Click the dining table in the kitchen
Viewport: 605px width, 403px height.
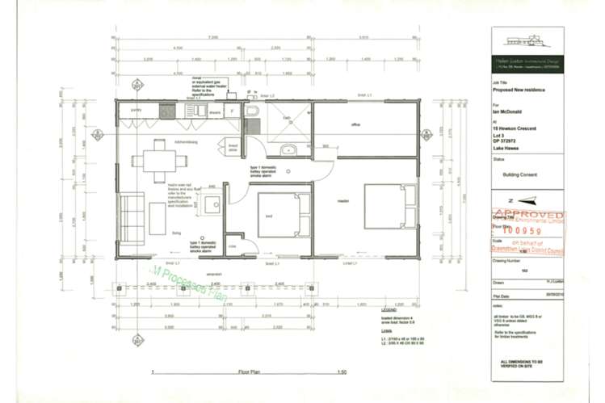pyautogui.click(x=153, y=160)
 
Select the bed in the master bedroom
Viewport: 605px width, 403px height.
pyautogui.click(x=386, y=208)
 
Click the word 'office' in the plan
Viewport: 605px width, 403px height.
pyautogui.click(x=355, y=124)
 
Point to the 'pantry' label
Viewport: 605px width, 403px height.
pyautogui.click(x=136, y=109)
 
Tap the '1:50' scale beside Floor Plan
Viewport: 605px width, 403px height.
pyautogui.click(x=342, y=372)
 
